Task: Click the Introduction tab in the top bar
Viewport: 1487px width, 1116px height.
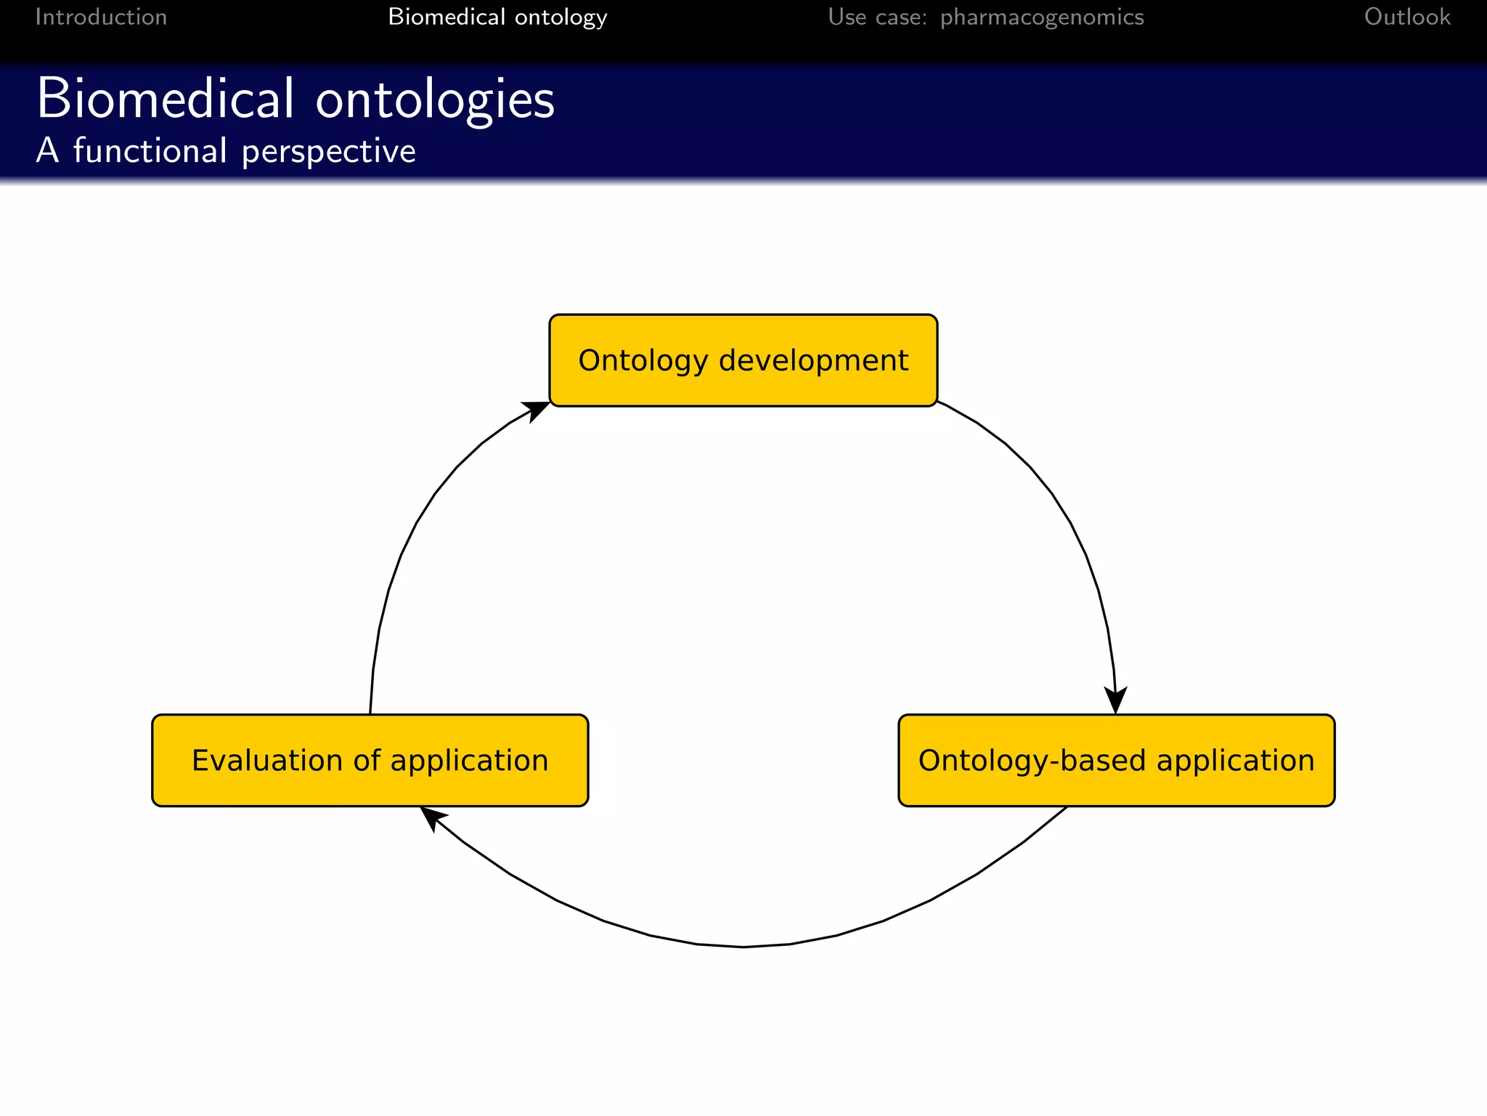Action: tap(101, 17)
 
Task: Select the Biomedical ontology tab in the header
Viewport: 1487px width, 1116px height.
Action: tap(497, 17)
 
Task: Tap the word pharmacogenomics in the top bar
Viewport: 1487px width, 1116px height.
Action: tap(1042, 17)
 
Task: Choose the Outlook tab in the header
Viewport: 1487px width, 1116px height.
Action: tap(1406, 17)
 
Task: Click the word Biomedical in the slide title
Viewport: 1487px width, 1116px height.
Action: tap(166, 98)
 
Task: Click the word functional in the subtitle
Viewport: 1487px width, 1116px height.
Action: tap(150, 151)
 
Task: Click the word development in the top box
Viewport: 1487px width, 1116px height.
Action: tap(813, 361)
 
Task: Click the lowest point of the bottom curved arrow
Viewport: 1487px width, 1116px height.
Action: tap(743, 947)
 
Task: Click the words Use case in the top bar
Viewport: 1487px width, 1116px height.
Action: tap(877, 17)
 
